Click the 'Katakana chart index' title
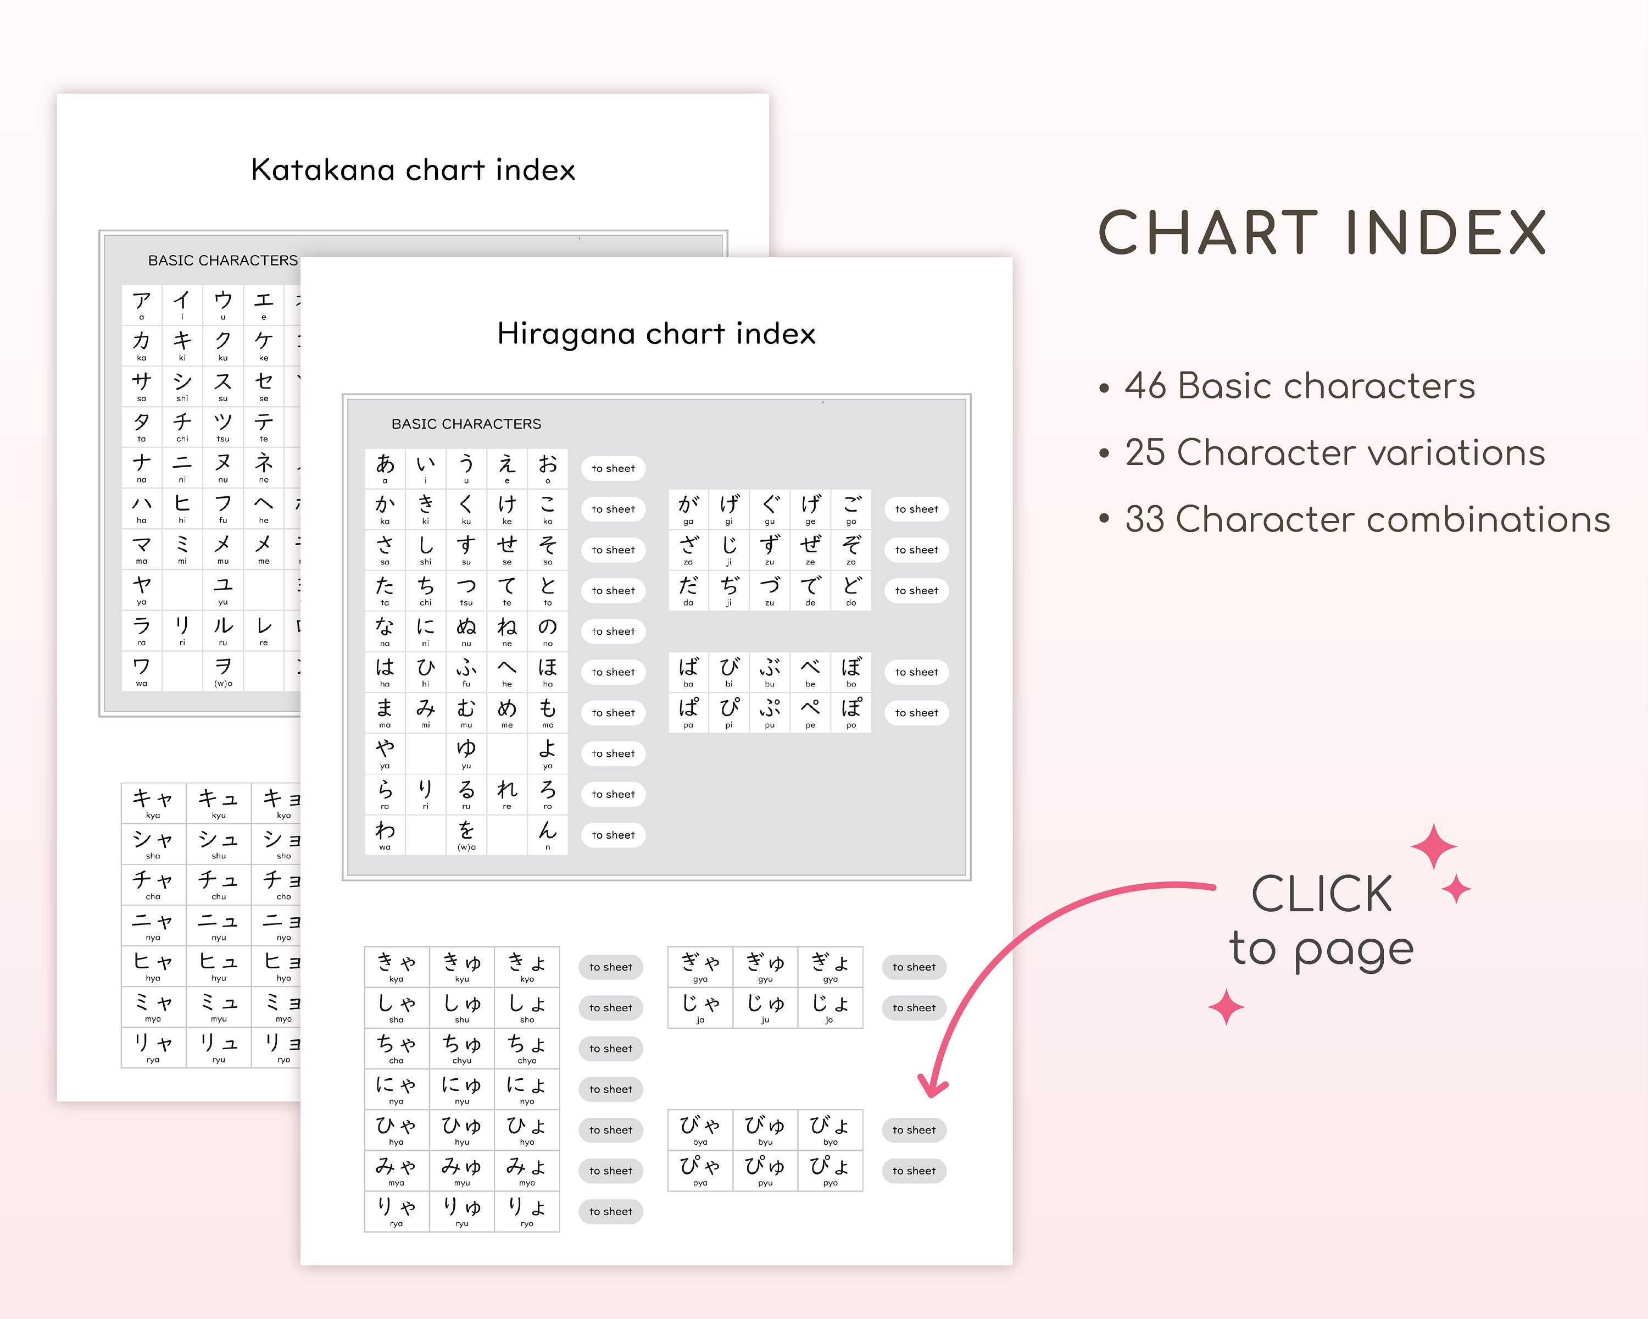pos(413,170)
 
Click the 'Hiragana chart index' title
pos(656,334)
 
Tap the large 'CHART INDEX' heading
pos(1322,233)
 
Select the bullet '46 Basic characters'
pos(1299,386)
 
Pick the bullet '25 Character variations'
pos(1334,453)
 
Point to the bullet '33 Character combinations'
pos(1367,519)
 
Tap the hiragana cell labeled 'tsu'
pos(466,590)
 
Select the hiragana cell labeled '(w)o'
pos(466,834)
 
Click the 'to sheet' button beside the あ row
pos(613,468)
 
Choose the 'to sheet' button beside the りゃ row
pos(611,1211)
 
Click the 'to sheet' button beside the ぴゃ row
pos(914,1171)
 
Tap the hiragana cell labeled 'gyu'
pos(765,967)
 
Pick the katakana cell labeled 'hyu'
pos(219,966)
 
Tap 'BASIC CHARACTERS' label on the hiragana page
pos(466,424)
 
